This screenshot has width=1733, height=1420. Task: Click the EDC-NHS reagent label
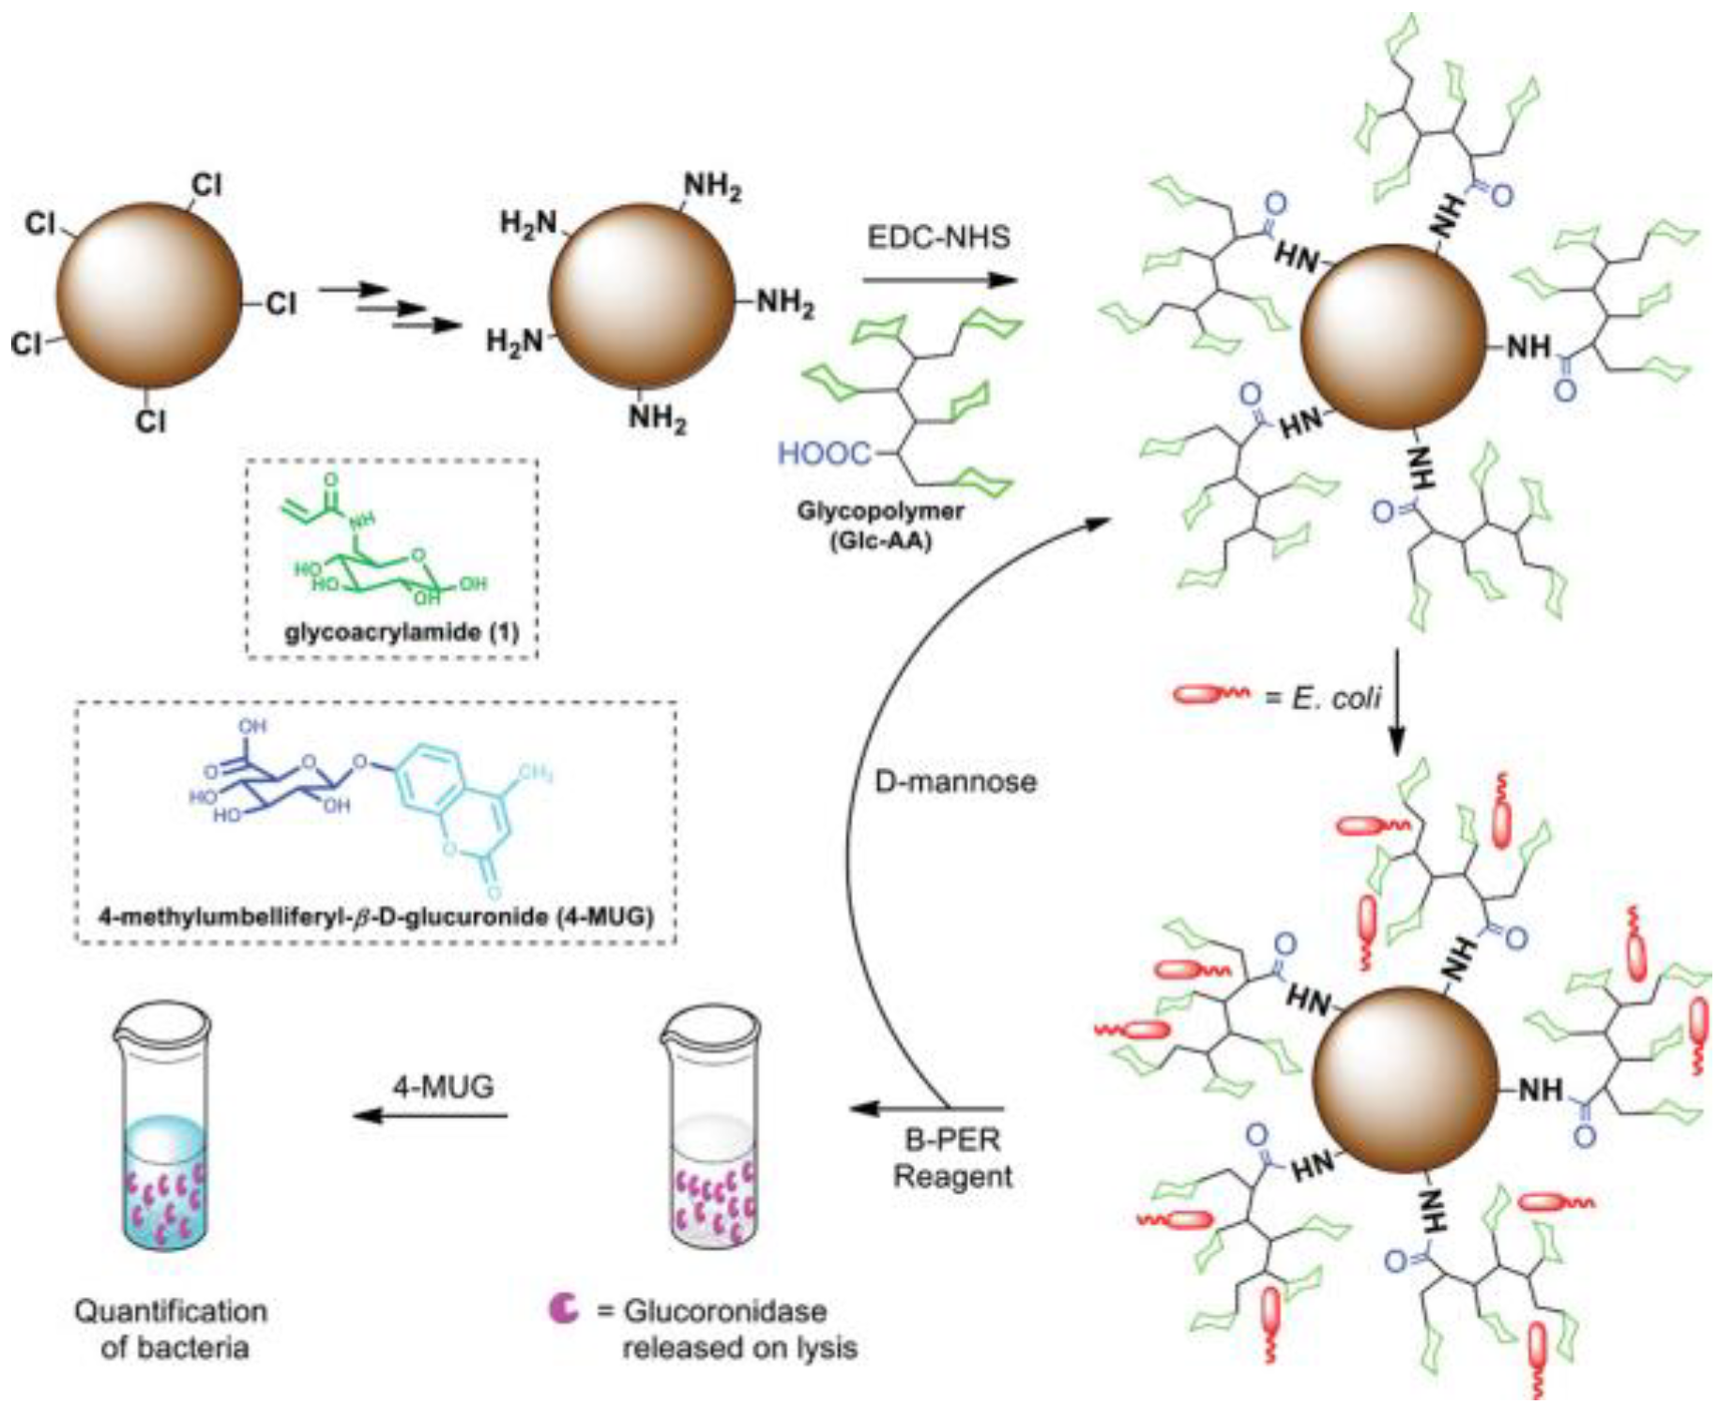(937, 236)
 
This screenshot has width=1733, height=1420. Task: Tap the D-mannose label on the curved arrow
(955, 780)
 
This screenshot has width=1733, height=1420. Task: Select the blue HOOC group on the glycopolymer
(825, 454)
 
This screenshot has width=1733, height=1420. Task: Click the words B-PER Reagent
(952, 1157)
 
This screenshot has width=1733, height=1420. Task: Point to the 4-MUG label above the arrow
(443, 1086)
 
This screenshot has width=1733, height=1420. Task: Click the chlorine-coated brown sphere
(148, 295)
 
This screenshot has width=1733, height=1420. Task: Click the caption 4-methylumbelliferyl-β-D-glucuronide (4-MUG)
(375, 915)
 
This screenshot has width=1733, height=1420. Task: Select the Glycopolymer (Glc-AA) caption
(879, 525)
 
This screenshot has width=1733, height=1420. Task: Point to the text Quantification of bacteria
(171, 1328)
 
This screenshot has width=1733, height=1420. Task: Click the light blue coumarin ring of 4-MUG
(469, 807)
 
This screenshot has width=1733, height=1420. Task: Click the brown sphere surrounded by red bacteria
(1405, 1080)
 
